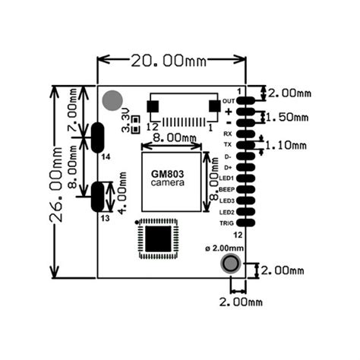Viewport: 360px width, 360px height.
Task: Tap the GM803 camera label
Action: point(171,179)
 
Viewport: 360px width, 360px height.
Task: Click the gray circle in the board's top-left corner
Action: point(113,100)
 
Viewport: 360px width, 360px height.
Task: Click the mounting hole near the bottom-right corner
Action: point(230,264)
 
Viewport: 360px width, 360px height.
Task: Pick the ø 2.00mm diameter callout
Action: point(225,247)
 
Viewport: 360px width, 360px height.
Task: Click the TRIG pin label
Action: point(226,223)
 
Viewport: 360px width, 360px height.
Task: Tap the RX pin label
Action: point(228,134)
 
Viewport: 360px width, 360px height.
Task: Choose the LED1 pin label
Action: point(226,178)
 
